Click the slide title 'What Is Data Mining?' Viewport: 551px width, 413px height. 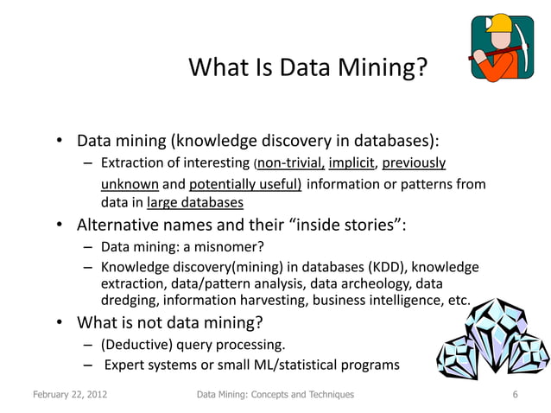tap(306, 67)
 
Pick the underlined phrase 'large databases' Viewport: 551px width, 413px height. tap(194, 204)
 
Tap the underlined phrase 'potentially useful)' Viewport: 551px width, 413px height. tap(245, 184)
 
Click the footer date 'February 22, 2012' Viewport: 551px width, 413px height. tap(70, 395)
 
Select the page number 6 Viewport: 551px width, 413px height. tap(515, 395)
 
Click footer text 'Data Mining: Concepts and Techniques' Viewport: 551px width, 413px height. tap(275, 395)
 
